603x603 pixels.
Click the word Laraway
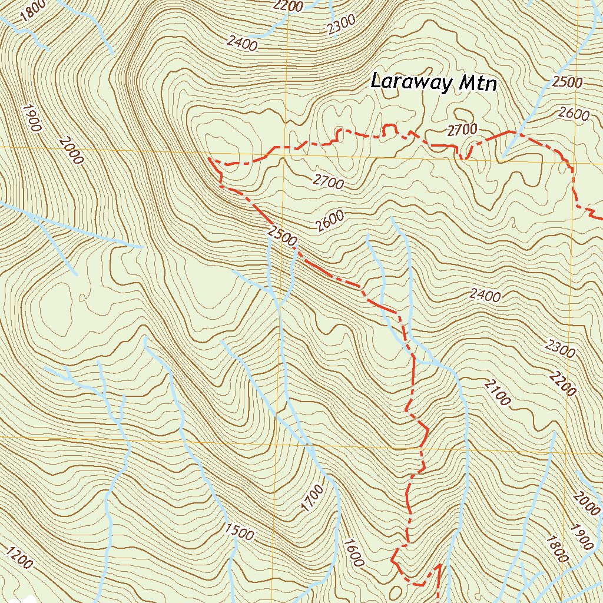pyautogui.click(x=410, y=83)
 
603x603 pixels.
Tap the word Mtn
pyautogui.click(x=477, y=84)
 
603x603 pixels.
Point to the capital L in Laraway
pyautogui.click(x=377, y=81)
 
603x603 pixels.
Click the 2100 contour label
pyautogui.click(x=498, y=393)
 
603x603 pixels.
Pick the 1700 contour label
pyautogui.click(x=312, y=498)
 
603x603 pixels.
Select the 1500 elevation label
pyautogui.click(x=239, y=531)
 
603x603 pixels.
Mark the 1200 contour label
pyautogui.click(x=19, y=558)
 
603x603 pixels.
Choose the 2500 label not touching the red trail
pyautogui.click(x=567, y=82)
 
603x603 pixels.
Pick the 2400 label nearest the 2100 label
pyautogui.click(x=485, y=295)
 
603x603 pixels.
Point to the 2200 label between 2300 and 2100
pyautogui.click(x=562, y=382)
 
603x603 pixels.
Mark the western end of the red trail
pyautogui.click(x=210, y=158)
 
